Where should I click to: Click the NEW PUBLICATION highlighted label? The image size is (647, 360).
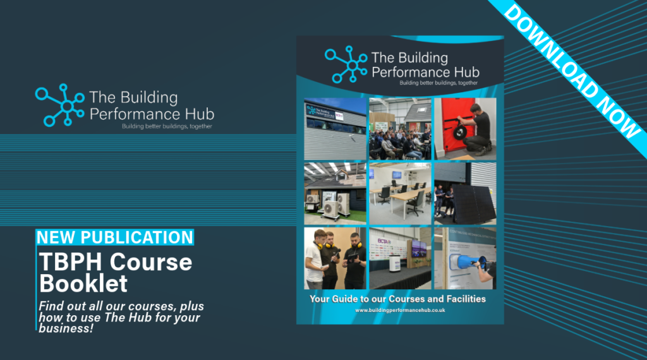(x=115, y=237)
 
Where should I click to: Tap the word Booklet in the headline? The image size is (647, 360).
(x=83, y=282)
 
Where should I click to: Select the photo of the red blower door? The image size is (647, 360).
(x=464, y=128)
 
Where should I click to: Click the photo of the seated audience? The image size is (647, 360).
(x=400, y=128)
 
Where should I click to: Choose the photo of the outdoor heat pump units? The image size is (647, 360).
(x=335, y=193)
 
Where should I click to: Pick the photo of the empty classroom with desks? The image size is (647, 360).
(x=400, y=193)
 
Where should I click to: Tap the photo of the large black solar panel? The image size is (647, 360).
(x=464, y=193)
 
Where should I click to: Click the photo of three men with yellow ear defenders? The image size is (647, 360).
(x=335, y=258)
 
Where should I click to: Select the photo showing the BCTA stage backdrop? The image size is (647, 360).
(x=400, y=258)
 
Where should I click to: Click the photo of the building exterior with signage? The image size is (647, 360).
(x=335, y=128)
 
